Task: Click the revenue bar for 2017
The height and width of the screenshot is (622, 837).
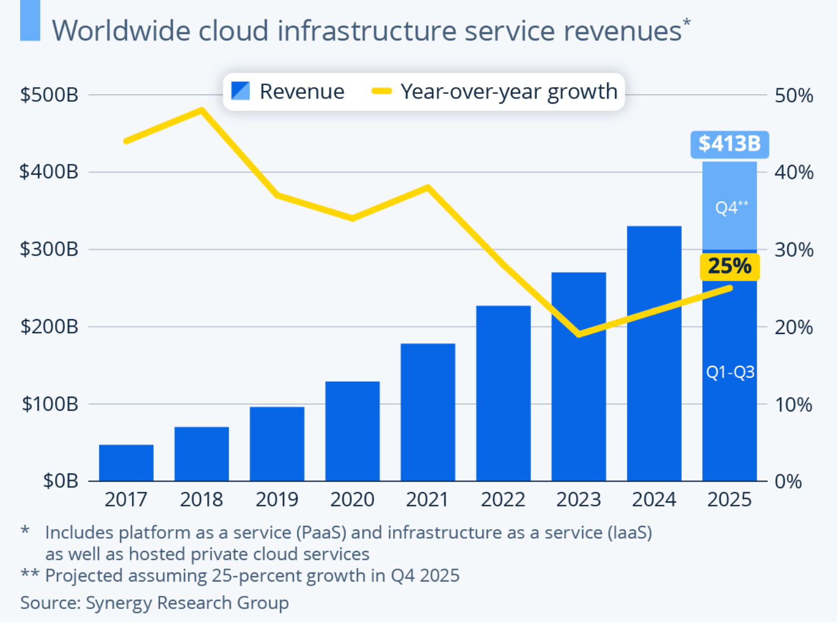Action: [x=126, y=463]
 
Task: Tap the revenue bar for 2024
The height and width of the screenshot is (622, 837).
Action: [x=654, y=353]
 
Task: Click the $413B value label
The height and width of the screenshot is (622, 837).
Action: [x=729, y=144]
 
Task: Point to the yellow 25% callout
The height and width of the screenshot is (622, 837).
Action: [x=729, y=266]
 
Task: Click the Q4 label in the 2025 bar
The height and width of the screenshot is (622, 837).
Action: [x=731, y=208]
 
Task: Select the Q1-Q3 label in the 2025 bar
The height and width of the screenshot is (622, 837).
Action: [x=730, y=372]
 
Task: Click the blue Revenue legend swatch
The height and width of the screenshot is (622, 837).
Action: [x=241, y=91]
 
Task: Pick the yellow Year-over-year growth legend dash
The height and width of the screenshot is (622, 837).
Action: [x=381, y=91]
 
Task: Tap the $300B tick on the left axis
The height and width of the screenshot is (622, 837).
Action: [x=49, y=249]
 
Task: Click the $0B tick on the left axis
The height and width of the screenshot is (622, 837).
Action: [x=60, y=481]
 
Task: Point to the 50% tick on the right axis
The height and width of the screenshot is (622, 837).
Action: [x=794, y=96]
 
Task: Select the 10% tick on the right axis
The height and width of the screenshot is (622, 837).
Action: [x=793, y=405]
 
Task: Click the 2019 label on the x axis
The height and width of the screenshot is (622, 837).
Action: [x=277, y=500]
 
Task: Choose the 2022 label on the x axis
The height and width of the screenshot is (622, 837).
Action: [x=502, y=500]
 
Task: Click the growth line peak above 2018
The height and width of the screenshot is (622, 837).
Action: [x=201, y=109]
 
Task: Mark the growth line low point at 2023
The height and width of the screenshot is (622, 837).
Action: [x=579, y=334]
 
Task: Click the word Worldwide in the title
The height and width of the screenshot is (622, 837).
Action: [x=120, y=31]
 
